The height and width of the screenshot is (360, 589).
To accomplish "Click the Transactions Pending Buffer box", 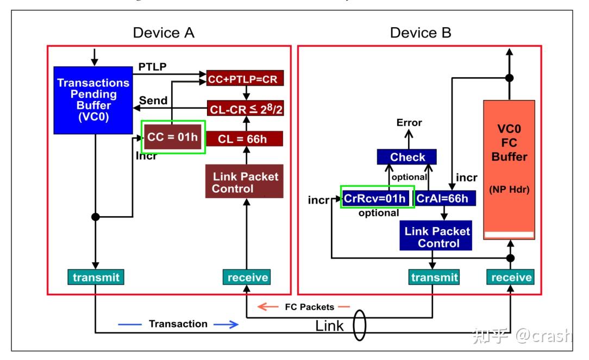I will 93,100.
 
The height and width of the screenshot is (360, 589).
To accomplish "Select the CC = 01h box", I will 173,137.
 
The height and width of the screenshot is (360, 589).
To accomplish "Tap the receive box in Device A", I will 247,277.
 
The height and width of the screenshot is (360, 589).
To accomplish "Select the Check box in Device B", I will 408,157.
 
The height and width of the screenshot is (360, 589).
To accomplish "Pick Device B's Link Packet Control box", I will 437,237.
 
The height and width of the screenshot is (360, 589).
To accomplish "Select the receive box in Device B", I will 511,277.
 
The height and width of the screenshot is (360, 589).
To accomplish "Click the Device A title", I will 164,33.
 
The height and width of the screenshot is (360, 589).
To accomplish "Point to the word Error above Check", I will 409,123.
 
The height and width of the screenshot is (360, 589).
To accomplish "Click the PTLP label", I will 153,66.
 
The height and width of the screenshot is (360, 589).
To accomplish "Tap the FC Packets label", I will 310,307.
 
